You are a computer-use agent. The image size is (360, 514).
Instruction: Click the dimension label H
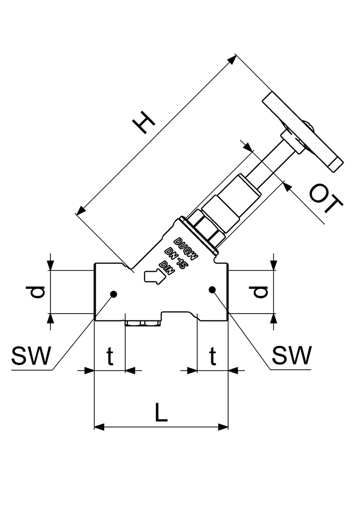click(144, 123)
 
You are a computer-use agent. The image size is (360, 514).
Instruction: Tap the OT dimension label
click(326, 199)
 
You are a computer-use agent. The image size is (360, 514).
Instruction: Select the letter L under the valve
click(161, 413)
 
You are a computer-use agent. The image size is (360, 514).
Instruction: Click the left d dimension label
click(38, 292)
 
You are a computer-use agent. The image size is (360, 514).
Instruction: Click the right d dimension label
click(260, 292)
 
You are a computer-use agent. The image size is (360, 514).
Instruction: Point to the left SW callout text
click(30, 356)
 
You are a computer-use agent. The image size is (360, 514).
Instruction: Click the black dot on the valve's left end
click(114, 293)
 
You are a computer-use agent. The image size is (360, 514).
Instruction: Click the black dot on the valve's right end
click(212, 289)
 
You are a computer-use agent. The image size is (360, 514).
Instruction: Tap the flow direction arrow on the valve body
click(153, 277)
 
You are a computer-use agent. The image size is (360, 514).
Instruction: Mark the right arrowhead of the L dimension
click(224, 427)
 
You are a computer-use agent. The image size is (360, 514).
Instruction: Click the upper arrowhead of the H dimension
click(232, 59)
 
